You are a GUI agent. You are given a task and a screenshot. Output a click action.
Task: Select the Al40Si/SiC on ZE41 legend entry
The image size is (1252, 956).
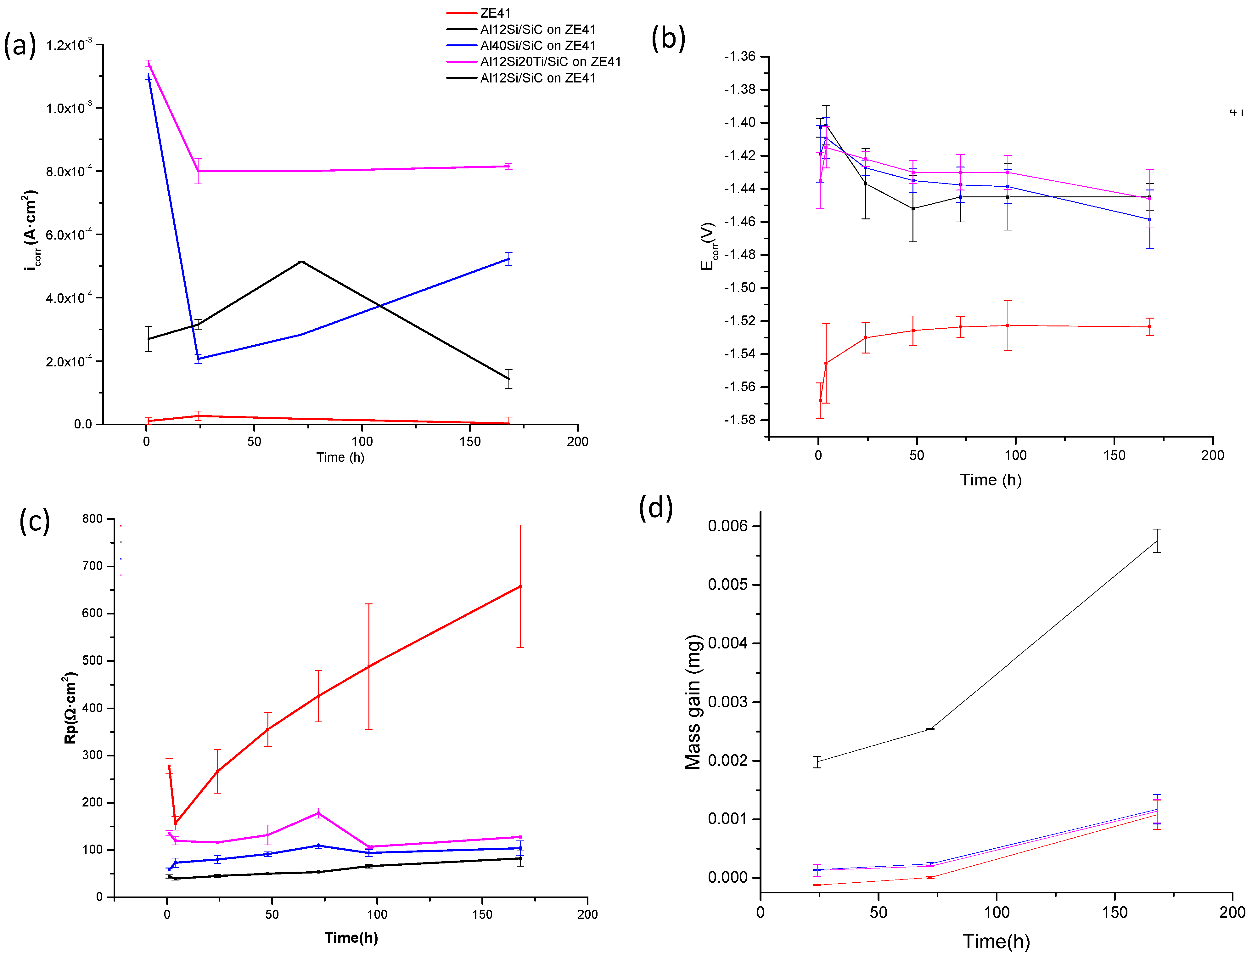click(x=537, y=46)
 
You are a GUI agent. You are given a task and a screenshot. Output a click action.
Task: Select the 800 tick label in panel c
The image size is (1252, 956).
click(x=92, y=518)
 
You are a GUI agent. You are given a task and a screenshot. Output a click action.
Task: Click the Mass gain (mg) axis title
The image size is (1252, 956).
click(x=693, y=702)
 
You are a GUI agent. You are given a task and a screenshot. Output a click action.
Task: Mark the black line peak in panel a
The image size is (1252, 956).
click(x=301, y=262)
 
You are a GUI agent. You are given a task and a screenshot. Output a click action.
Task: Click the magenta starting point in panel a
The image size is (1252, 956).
click(x=149, y=64)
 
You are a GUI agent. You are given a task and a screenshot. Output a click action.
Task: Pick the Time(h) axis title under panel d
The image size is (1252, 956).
click(x=996, y=941)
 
